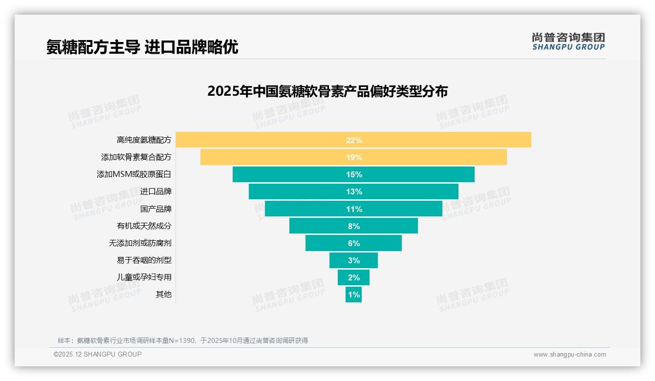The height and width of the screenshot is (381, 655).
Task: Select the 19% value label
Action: tap(354, 157)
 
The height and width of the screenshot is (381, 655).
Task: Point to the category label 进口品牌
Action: tap(156, 191)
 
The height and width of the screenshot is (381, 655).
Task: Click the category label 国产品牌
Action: tap(156, 209)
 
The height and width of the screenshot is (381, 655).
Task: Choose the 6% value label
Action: tap(354, 243)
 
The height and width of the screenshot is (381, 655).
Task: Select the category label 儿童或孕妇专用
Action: tap(144, 277)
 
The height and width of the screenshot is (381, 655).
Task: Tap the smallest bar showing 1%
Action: tap(353, 295)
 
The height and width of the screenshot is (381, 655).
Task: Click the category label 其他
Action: tap(164, 295)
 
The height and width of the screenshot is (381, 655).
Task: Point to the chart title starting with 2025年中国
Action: tap(327, 91)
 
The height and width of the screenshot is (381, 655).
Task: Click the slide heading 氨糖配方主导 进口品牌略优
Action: tap(142, 47)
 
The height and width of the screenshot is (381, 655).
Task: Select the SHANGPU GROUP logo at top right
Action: tap(568, 42)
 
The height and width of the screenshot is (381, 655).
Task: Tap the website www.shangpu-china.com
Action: tap(569, 355)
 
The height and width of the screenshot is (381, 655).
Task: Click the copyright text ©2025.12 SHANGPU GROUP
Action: tap(98, 355)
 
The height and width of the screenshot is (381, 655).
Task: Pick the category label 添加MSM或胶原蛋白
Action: tap(134, 174)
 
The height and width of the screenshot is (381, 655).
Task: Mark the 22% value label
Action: tap(354, 140)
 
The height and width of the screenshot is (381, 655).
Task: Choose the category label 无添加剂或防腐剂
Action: tap(140, 243)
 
